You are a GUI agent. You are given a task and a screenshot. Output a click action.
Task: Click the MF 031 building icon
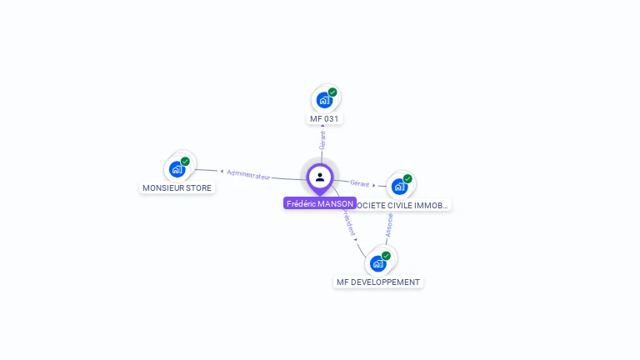tap(325, 100)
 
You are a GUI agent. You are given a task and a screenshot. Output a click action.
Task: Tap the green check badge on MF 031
tap(332, 92)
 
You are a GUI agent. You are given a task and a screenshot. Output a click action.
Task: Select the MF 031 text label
tap(325, 119)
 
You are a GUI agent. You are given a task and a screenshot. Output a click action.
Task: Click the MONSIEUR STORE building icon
tap(177, 169)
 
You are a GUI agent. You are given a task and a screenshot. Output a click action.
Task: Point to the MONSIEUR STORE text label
tap(177, 188)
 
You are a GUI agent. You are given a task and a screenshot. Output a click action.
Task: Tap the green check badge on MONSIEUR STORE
tap(185, 162)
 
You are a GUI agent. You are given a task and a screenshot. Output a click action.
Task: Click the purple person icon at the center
tap(320, 177)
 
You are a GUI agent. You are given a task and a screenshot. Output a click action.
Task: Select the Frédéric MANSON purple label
tap(320, 203)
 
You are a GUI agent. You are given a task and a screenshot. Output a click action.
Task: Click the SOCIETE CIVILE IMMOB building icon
tap(400, 186)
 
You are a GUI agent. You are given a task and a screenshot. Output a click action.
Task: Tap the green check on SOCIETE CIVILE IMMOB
tap(407, 178)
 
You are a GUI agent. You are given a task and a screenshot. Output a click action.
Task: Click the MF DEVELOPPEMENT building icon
tap(378, 263)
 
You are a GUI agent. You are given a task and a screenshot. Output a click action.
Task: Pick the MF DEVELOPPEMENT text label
tap(378, 282)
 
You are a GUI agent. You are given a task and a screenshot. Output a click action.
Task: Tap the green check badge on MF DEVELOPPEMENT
tap(386, 256)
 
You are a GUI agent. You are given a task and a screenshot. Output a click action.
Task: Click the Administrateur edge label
tap(248, 175)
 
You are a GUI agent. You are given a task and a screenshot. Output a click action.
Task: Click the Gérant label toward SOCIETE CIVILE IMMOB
tap(359, 183)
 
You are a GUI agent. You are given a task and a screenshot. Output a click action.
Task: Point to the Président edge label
tap(348, 222)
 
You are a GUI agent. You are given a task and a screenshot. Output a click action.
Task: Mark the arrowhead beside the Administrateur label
tap(222, 172)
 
